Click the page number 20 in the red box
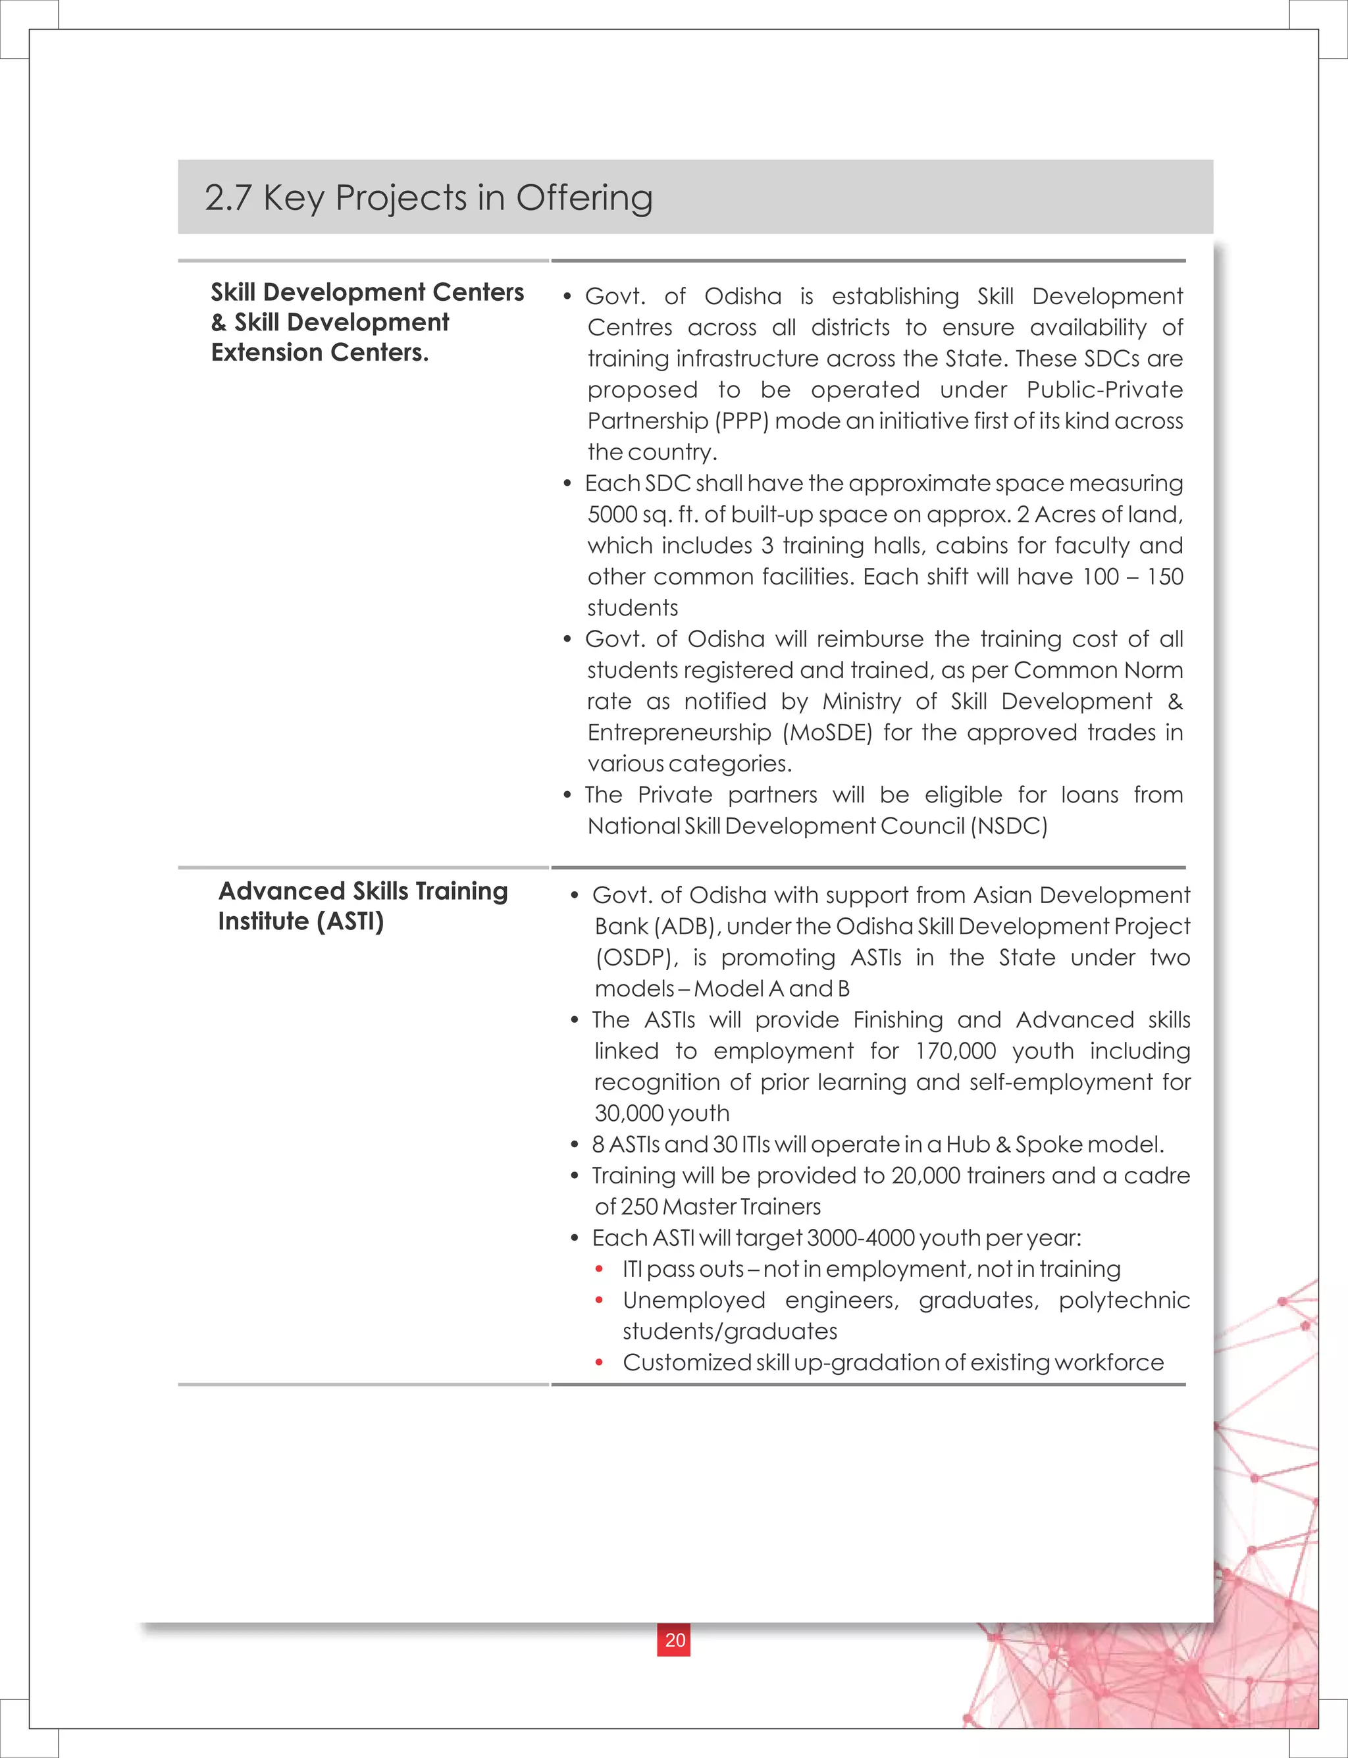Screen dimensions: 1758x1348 pos(675,1640)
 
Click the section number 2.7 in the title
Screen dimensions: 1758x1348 pos(228,198)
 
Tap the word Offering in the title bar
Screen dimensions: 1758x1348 pos(584,198)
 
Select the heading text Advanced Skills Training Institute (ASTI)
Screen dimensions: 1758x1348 pos(363,906)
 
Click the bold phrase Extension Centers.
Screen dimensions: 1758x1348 pos(319,352)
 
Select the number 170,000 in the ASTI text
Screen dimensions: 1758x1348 pos(956,1051)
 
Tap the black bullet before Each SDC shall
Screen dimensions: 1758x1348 pos(567,484)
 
